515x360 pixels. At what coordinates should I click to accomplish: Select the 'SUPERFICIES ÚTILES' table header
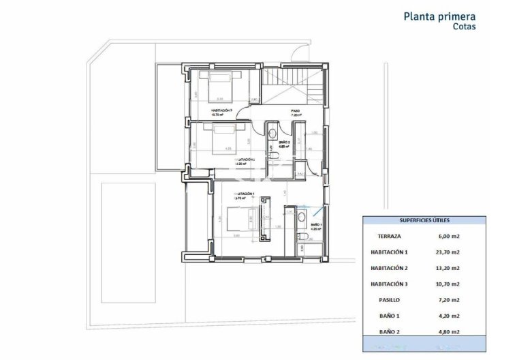pyautogui.click(x=424, y=221)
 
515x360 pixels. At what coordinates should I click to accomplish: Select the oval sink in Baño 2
pyautogui.click(x=272, y=133)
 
